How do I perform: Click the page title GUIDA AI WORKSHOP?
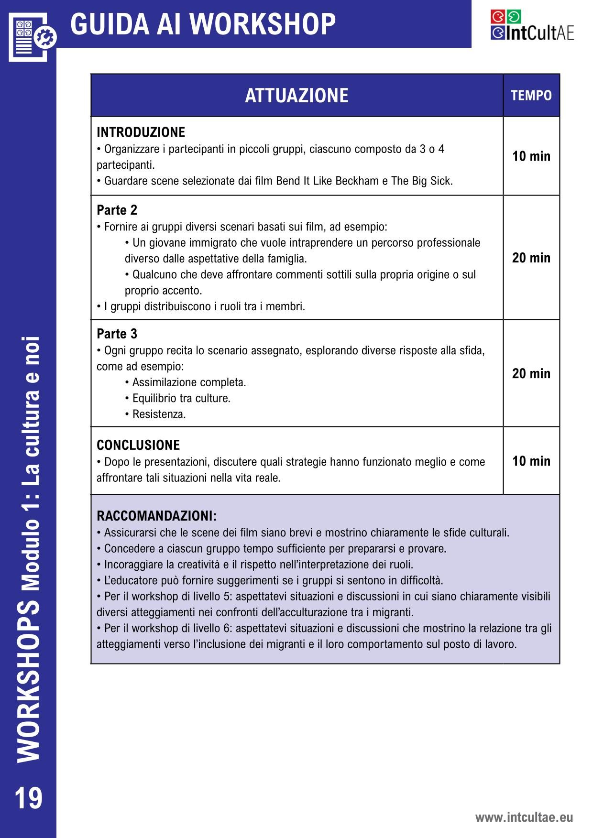click(203, 24)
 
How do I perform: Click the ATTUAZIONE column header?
click(296, 96)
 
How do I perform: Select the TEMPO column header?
click(531, 96)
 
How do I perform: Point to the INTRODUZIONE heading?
click(141, 132)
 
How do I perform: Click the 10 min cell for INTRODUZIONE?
click(531, 156)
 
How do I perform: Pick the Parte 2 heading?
click(117, 210)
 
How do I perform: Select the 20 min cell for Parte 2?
click(531, 258)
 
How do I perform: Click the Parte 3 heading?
click(117, 334)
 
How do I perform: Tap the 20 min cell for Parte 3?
click(531, 373)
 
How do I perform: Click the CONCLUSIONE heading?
click(138, 445)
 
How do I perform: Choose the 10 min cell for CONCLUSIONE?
click(531, 461)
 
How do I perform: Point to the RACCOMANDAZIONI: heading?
click(156, 516)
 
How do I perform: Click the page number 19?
click(28, 798)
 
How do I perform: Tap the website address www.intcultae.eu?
click(524, 817)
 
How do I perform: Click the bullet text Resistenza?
click(159, 414)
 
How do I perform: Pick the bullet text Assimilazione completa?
click(189, 382)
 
